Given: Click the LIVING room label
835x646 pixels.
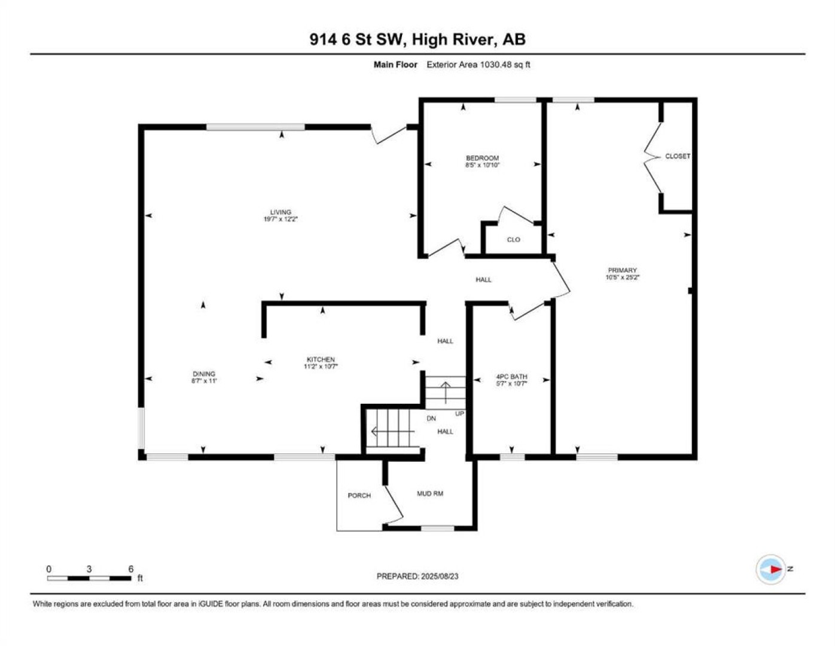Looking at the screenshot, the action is click(281, 212).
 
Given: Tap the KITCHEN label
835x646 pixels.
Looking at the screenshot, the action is click(321, 359).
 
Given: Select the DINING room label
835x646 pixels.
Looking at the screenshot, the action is click(204, 373).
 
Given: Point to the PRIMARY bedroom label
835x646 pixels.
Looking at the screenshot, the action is click(622, 270).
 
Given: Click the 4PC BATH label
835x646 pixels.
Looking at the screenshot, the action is click(512, 377).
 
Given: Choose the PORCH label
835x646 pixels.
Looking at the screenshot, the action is click(359, 495).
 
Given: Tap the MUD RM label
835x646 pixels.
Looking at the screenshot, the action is click(430, 493).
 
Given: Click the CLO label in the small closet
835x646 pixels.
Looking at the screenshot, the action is click(513, 239).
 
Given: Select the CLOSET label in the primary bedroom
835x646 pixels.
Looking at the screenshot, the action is click(678, 156).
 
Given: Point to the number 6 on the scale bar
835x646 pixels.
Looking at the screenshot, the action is click(130, 568).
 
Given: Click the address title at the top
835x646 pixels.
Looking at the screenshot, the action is click(417, 39).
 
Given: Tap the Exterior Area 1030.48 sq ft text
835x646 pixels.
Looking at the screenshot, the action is click(479, 65).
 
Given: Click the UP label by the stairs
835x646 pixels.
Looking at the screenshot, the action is click(459, 413).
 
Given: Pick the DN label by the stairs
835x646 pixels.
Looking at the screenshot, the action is click(431, 418).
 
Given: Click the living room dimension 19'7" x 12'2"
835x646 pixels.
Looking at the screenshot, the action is click(281, 219).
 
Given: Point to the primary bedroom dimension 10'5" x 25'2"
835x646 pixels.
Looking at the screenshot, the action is click(622, 277).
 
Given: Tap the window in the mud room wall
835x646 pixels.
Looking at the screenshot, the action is click(437, 528).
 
